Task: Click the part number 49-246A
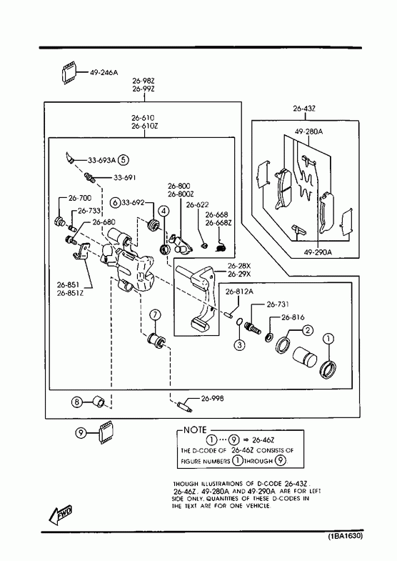point(104,73)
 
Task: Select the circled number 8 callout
point(77,402)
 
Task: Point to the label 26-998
point(212,398)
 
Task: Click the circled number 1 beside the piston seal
point(328,339)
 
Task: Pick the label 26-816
point(293,317)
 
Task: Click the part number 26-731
point(278,304)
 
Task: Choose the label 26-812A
point(239,292)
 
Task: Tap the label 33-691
point(125,177)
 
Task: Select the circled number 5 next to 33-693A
point(123,160)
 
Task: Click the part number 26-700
point(80,198)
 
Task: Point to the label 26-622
point(197,205)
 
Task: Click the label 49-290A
point(318,252)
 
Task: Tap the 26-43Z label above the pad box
point(304,109)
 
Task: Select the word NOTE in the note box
point(195,430)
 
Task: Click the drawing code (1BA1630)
point(346,536)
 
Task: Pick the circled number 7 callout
point(155,315)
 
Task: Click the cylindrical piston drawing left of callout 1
point(304,357)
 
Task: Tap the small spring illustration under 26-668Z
point(221,244)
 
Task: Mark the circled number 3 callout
point(239,345)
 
